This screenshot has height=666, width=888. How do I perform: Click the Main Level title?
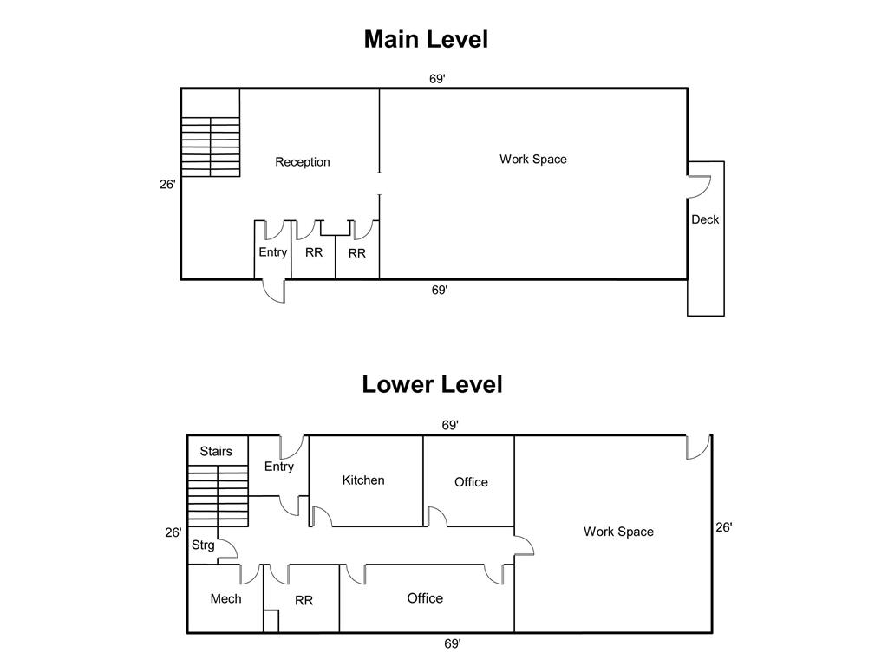point(426,39)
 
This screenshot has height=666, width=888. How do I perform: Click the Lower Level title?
point(432,384)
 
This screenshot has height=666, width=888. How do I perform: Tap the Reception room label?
point(303,162)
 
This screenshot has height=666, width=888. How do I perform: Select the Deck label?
point(705,219)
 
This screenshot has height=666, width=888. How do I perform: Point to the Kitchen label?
point(363,480)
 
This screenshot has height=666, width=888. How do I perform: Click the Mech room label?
point(225,598)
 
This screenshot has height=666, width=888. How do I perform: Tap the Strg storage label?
point(203,545)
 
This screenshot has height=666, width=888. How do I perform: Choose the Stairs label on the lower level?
point(216,451)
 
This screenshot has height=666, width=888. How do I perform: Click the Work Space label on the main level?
point(533,160)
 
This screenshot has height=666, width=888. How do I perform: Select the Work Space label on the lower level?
point(618,532)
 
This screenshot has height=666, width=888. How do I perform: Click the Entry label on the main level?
point(272,252)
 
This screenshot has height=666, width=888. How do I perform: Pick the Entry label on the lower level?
point(278,467)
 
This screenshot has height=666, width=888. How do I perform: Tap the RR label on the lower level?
point(304,600)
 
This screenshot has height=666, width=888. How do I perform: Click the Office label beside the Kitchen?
point(471,482)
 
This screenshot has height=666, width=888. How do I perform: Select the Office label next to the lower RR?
point(425,598)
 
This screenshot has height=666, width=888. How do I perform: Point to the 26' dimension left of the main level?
point(167,184)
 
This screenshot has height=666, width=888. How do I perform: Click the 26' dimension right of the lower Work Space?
point(723,527)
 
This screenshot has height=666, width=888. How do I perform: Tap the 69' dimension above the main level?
point(437,79)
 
